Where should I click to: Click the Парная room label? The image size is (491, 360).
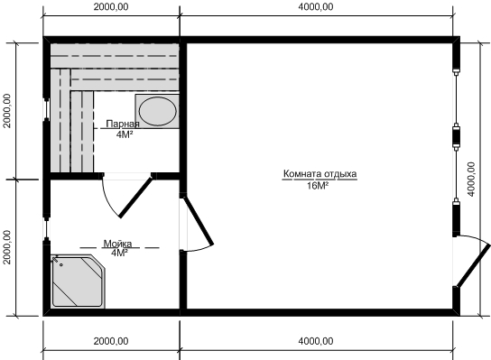123,124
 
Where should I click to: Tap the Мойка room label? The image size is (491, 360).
117,244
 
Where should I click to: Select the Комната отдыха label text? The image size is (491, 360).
320,174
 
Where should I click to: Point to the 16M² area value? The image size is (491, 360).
317,186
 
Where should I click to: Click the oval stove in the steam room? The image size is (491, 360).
158,111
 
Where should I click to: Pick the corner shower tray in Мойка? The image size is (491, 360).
78,281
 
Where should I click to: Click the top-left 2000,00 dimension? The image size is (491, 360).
111,7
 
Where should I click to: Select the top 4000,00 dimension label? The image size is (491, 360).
316,7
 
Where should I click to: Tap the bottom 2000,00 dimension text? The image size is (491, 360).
111,341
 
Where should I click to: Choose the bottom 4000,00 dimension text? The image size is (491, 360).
316,341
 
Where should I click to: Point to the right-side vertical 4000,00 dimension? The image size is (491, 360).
471,179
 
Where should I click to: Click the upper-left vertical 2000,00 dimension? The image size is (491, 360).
7,111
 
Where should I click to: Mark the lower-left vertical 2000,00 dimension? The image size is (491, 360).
7,247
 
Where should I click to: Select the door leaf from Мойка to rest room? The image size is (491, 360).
198,220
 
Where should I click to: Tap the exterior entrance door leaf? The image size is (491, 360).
474,266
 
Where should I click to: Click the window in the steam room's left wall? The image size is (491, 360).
46,109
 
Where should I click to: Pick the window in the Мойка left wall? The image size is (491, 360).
46,229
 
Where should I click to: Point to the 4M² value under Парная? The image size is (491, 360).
125,134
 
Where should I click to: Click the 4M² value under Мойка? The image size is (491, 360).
119,253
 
